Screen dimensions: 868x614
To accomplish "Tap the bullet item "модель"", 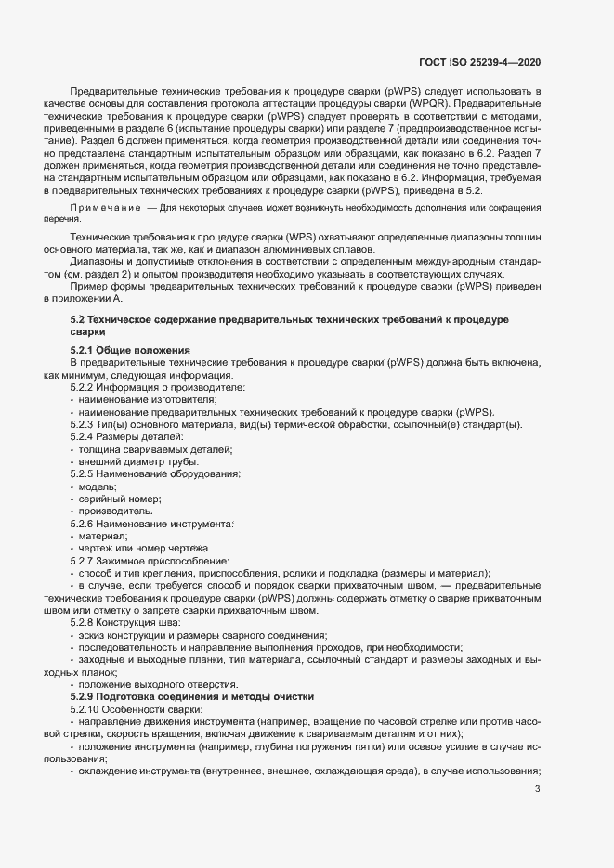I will point(98,486).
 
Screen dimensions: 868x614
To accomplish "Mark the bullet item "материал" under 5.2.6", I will point(103,536).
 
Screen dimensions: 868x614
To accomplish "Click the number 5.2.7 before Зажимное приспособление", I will point(84,561).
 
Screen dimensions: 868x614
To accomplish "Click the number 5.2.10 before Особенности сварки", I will point(86,707).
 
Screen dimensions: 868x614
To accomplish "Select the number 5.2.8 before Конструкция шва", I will point(84,622).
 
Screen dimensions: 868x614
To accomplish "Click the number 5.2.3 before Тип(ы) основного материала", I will point(84,424).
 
